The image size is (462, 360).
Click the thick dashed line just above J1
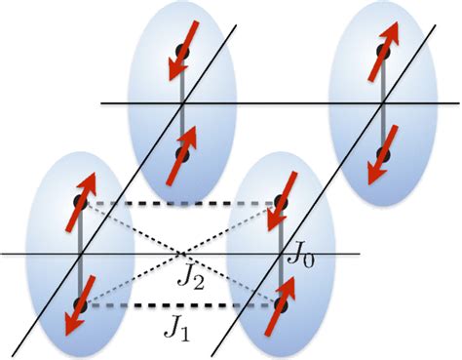pos(180,306)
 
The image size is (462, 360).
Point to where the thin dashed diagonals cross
pos(181,255)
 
